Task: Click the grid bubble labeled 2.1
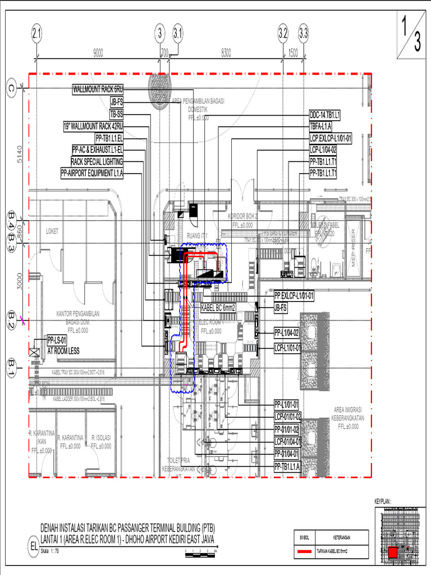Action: [x=36, y=34]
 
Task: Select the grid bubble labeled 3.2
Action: [x=283, y=34]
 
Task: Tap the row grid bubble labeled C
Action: [x=11, y=88]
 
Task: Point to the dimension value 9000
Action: [x=98, y=53]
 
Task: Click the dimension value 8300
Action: [x=226, y=53]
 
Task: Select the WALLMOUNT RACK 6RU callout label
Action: [x=98, y=89]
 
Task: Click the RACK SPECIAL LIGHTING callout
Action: [x=97, y=162]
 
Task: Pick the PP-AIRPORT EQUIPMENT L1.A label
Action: [x=92, y=174]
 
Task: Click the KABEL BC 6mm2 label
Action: [x=219, y=308]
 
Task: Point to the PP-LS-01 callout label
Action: [x=57, y=340]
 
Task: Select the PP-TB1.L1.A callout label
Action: [x=287, y=467]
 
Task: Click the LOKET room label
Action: [x=52, y=231]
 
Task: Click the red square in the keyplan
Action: [x=393, y=553]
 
